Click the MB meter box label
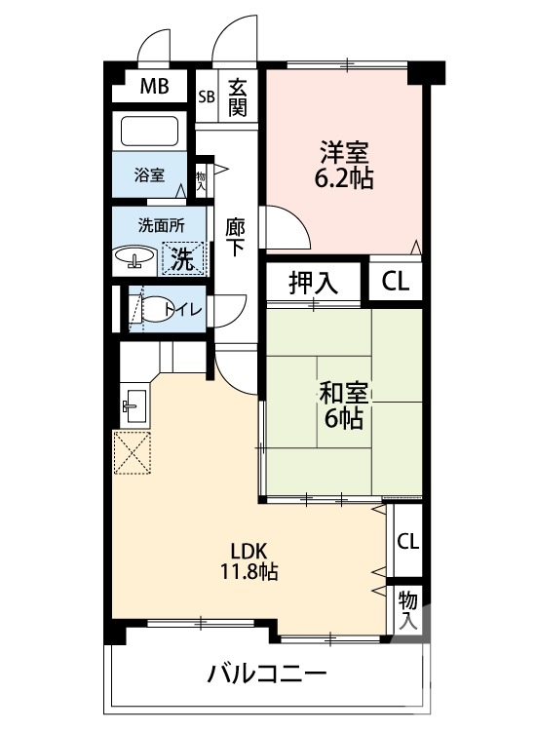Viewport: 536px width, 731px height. pyautogui.click(x=154, y=87)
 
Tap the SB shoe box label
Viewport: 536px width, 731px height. pyautogui.click(x=206, y=96)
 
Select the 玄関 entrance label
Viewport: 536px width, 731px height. pyautogui.click(x=237, y=96)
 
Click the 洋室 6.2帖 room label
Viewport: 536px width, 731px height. pyautogui.click(x=344, y=166)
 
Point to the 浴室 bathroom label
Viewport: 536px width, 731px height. pyautogui.click(x=149, y=175)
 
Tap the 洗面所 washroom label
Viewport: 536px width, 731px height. pyautogui.click(x=160, y=224)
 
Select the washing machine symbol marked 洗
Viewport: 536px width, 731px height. pyautogui.click(x=184, y=258)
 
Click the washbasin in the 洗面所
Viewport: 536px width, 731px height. pyautogui.click(x=134, y=258)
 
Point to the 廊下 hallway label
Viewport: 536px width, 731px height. pyautogui.click(x=235, y=236)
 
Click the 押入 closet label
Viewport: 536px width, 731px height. pyautogui.click(x=313, y=283)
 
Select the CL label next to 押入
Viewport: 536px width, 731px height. pyautogui.click(x=395, y=283)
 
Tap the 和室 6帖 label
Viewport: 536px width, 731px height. pyautogui.click(x=342, y=405)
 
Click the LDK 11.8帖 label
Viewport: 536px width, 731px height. pyautogui.click(x=249, y=559)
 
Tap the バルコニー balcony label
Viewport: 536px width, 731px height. pyautogui.click(x=265, y=673)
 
